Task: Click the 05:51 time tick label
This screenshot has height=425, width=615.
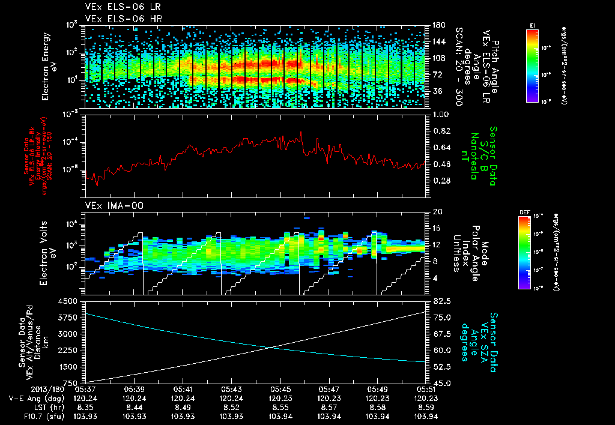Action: pos(426,389)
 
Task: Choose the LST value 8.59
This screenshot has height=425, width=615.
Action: pos(426,407)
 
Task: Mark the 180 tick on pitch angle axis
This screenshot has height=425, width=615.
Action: pos(437,25)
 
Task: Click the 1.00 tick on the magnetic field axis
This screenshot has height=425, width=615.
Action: pos(440,114)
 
